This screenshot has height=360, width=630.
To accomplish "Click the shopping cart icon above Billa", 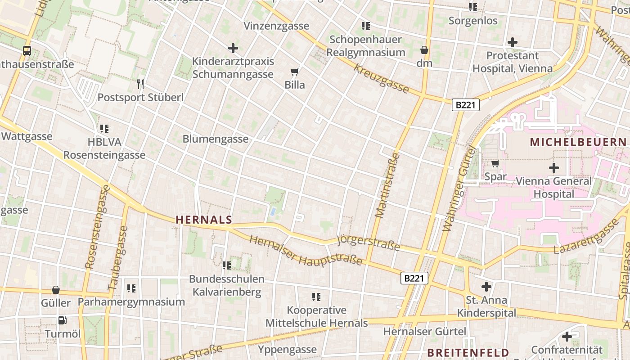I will (x=295, y=72).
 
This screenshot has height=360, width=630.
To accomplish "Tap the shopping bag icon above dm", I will (x=424, y=49).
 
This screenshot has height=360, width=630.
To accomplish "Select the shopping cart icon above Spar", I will (x=495, y=164).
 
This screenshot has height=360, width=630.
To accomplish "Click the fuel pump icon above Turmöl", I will (x=62, y=320).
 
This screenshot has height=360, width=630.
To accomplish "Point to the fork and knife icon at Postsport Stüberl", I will (x=140, y=84).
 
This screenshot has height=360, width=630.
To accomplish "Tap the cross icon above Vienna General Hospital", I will (x=553, y=168).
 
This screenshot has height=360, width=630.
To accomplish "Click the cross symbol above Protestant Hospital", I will (x=512, y=42).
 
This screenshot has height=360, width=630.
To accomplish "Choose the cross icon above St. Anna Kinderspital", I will (x=486, y=286).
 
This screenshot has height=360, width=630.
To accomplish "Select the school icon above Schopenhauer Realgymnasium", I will (x=365, y=26).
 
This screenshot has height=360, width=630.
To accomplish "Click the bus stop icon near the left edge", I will (x=27, y=51).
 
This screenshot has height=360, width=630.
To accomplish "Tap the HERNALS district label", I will (x=204, y=220).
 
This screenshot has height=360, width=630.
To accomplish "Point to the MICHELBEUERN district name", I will (x=578, y=143).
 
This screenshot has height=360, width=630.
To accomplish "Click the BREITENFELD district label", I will (x=468, y=353).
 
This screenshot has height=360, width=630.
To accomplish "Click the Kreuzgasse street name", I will (x=381, y=79).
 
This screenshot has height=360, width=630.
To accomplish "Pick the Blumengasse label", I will (x=216, y=139).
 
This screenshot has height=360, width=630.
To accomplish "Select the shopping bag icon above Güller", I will (x=56, y=290).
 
